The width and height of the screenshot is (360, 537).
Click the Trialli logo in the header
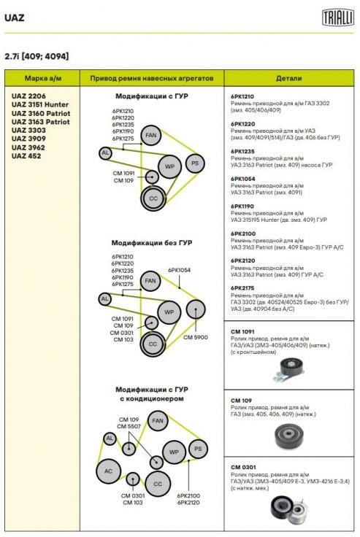(x=337, y=18)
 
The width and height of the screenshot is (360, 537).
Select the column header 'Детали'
(x=288, y=78)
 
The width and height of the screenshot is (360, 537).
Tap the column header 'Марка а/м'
(x=43, y=78)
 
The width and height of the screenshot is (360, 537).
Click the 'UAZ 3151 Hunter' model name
(x=39, y=104)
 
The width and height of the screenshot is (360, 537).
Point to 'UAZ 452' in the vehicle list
(x=26, y=156)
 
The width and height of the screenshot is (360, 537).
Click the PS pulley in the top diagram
(x=195, y=163)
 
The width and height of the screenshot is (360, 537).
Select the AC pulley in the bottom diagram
(x=108, y=471)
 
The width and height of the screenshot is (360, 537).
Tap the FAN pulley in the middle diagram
(x=150, y=281)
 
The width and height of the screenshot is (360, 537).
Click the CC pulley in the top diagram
(x=153, y=198)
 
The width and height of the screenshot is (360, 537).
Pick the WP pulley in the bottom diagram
(x=174, y=452)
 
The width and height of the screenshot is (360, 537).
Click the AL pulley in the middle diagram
(x=104, y=299)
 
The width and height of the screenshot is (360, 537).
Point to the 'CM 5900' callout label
(x=196, y=337)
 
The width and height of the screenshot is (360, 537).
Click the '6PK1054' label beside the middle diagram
(x=179, y=270)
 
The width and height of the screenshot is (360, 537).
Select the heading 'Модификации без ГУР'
(x=152, y=243)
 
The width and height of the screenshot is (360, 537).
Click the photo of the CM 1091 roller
(x=288, y=370)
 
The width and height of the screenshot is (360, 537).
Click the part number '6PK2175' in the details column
(x=242, y=288)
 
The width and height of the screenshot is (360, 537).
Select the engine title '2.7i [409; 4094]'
(x=37, y=56)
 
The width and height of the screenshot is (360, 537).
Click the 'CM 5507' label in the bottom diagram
(x=129, y=426)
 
